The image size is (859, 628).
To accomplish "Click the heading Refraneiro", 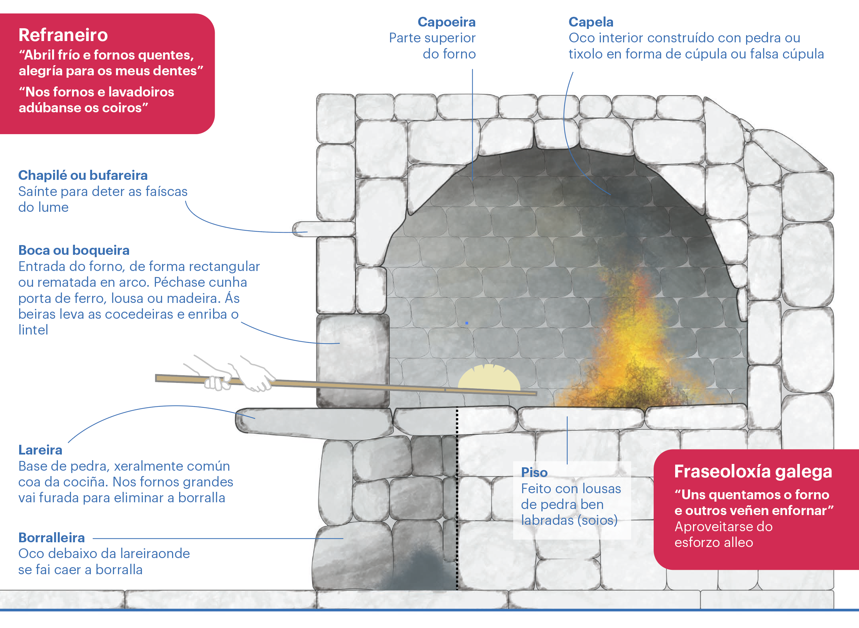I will coord(63,35).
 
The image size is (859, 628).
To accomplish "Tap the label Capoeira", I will coord(446,22).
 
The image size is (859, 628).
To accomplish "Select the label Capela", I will coord(591,22).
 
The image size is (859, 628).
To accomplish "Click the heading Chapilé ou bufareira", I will coord(83,175).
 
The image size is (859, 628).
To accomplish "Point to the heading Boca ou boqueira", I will coord(74,250).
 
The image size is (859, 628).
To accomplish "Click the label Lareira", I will coord(40,450).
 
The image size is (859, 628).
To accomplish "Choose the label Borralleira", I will coord(52,538).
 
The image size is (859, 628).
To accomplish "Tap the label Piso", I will coord(534,472).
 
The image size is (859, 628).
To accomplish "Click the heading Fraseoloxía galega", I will coord(753,471).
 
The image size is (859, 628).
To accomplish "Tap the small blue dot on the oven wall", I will coord(466,323).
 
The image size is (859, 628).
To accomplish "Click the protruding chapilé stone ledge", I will coord(323,229).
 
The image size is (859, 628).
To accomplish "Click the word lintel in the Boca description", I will coord(33,330).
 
